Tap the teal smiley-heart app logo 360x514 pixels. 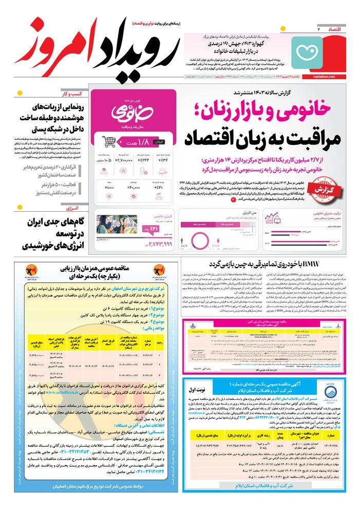[306, 51]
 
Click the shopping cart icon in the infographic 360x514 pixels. [108, 141]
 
